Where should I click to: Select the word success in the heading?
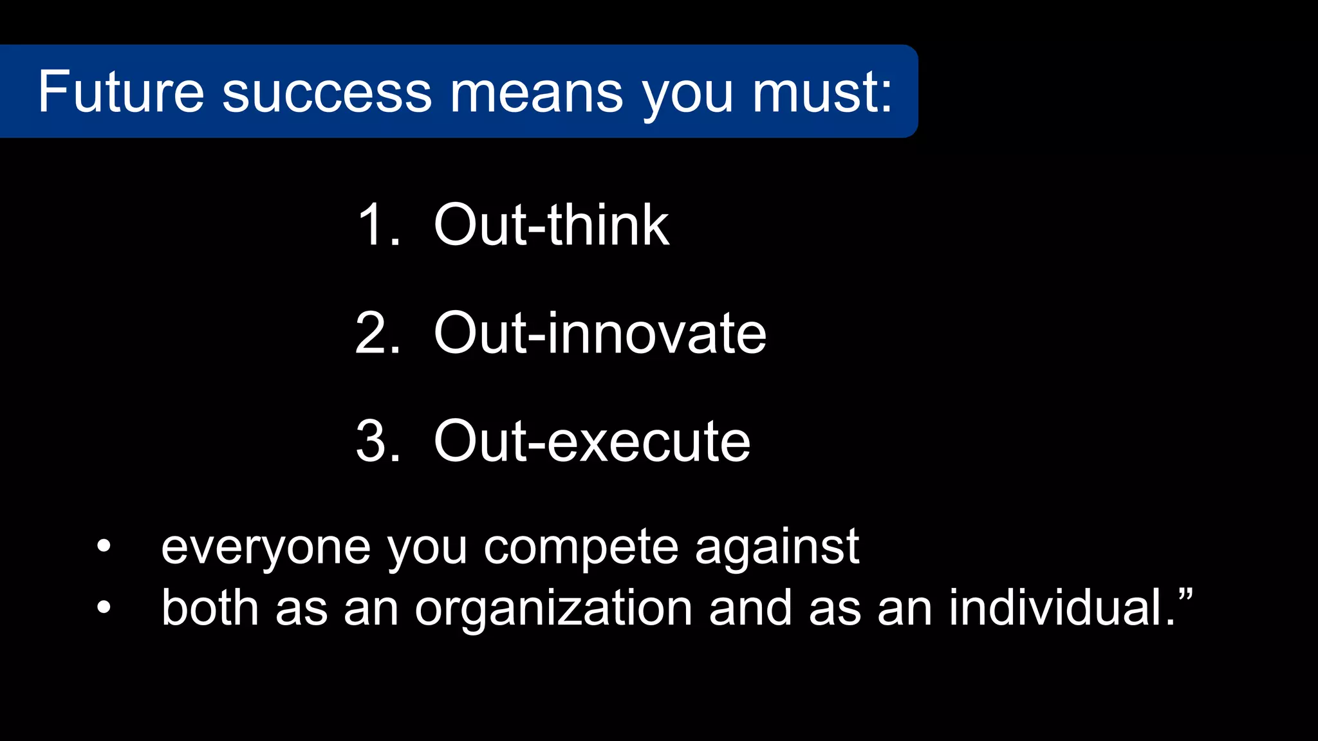(327, 93)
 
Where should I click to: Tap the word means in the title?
(536, 93)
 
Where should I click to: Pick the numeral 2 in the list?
(371, 333)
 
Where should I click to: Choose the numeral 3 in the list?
(371, 441)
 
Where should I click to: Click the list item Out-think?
(552, 225)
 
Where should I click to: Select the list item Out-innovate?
(600, 333)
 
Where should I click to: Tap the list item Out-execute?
(592, 441)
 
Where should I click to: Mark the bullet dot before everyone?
(104, 546)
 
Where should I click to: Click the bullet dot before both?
(104, 607)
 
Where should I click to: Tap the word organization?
(553, 608)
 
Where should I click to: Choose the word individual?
(1055, 607)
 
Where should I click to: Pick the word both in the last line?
(210, 607)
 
